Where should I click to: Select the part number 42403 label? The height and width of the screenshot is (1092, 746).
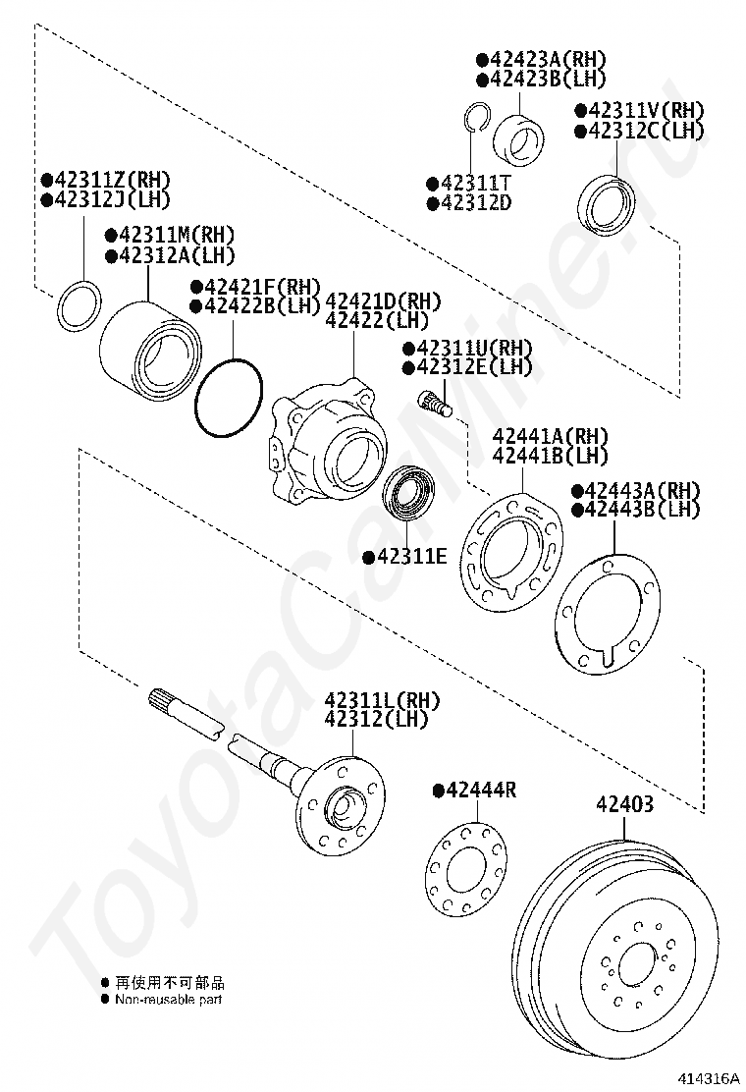(624, 804)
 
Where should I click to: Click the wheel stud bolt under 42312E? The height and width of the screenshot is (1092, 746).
(433, 404)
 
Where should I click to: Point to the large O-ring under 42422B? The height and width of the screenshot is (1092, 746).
(229, 399)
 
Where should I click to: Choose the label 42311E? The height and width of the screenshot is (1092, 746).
(405, 557)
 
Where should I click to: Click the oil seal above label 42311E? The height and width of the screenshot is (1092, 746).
(409, 493)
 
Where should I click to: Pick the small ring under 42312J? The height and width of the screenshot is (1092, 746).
(79, 306)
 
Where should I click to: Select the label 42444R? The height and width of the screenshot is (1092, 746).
(475, 791)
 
